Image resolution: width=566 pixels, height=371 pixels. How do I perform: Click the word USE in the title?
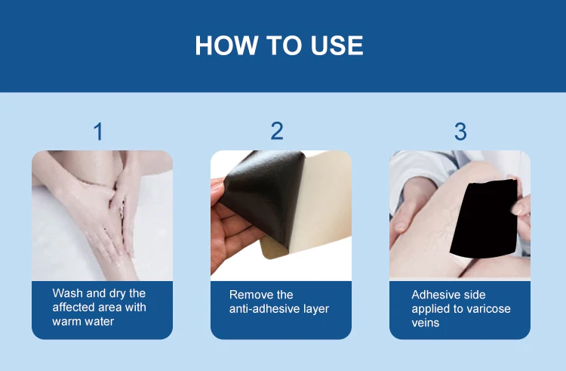point(337,45)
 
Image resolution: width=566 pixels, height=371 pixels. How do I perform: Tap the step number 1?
point(98,131)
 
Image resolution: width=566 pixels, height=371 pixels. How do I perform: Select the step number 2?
point(277,131)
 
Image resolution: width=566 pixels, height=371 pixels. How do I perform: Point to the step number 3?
point(460,131)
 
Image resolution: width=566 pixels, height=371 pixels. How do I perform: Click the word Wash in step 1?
point(67,293)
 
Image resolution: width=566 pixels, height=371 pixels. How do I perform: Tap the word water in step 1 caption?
point(98,321)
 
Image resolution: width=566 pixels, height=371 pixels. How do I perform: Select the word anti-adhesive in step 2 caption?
point(266,309)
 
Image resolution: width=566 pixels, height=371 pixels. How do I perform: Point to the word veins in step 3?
point(425,323)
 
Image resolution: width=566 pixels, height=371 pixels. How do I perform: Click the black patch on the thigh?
point(484,218)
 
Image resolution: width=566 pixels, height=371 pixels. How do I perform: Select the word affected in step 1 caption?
point(73,307)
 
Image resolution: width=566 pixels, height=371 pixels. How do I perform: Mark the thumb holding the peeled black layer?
point(217,191)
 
